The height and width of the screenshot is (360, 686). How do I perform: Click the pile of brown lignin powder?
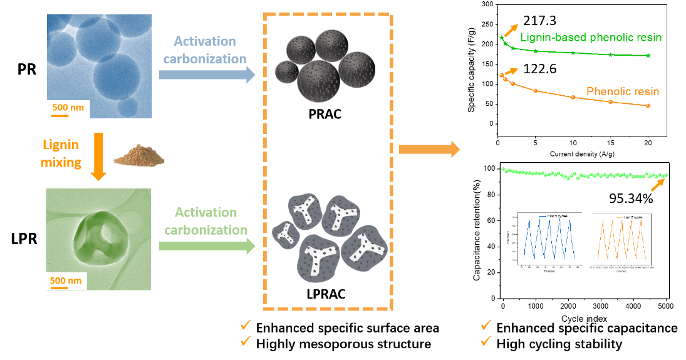138,155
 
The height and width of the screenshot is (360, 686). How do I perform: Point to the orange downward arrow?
98,157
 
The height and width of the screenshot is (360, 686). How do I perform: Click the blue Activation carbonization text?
205,50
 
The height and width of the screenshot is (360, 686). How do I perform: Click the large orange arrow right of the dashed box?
429,149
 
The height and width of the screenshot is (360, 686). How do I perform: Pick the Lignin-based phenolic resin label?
590,38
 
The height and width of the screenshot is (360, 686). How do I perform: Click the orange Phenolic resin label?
622,92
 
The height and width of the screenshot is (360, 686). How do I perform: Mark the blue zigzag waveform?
549,239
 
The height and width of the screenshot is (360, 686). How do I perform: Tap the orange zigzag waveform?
621,239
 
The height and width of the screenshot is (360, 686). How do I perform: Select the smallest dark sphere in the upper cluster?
287,72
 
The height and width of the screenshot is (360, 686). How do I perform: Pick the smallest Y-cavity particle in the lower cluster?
284,233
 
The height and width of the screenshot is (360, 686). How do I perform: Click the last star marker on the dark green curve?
648,56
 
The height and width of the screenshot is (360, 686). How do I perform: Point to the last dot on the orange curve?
648,106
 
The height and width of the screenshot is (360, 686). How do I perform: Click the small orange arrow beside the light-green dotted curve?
657,185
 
